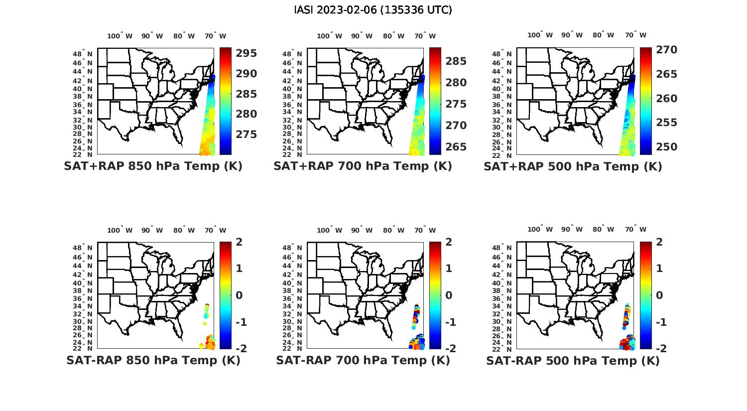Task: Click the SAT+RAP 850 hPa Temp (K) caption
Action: [153, 166]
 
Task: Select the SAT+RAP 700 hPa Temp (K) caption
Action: [363, 166]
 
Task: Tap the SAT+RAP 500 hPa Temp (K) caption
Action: [573, 166]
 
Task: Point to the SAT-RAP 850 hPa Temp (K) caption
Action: [153, 360]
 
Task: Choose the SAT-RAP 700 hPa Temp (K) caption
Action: [363, 360]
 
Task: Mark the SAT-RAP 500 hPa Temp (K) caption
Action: [573, 360]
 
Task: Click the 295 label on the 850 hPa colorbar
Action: [247, 53]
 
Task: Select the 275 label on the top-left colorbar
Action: [247, 135]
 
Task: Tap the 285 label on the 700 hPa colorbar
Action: [456, 61]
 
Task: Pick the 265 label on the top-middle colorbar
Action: [456, 147]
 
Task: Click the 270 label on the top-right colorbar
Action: [667, 50]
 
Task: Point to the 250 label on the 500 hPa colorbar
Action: [667, 147]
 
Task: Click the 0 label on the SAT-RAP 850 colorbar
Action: [240, 295]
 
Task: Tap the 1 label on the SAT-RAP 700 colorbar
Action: [449, 269]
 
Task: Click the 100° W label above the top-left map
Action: [120, 36]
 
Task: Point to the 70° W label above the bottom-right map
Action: [635, 230]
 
